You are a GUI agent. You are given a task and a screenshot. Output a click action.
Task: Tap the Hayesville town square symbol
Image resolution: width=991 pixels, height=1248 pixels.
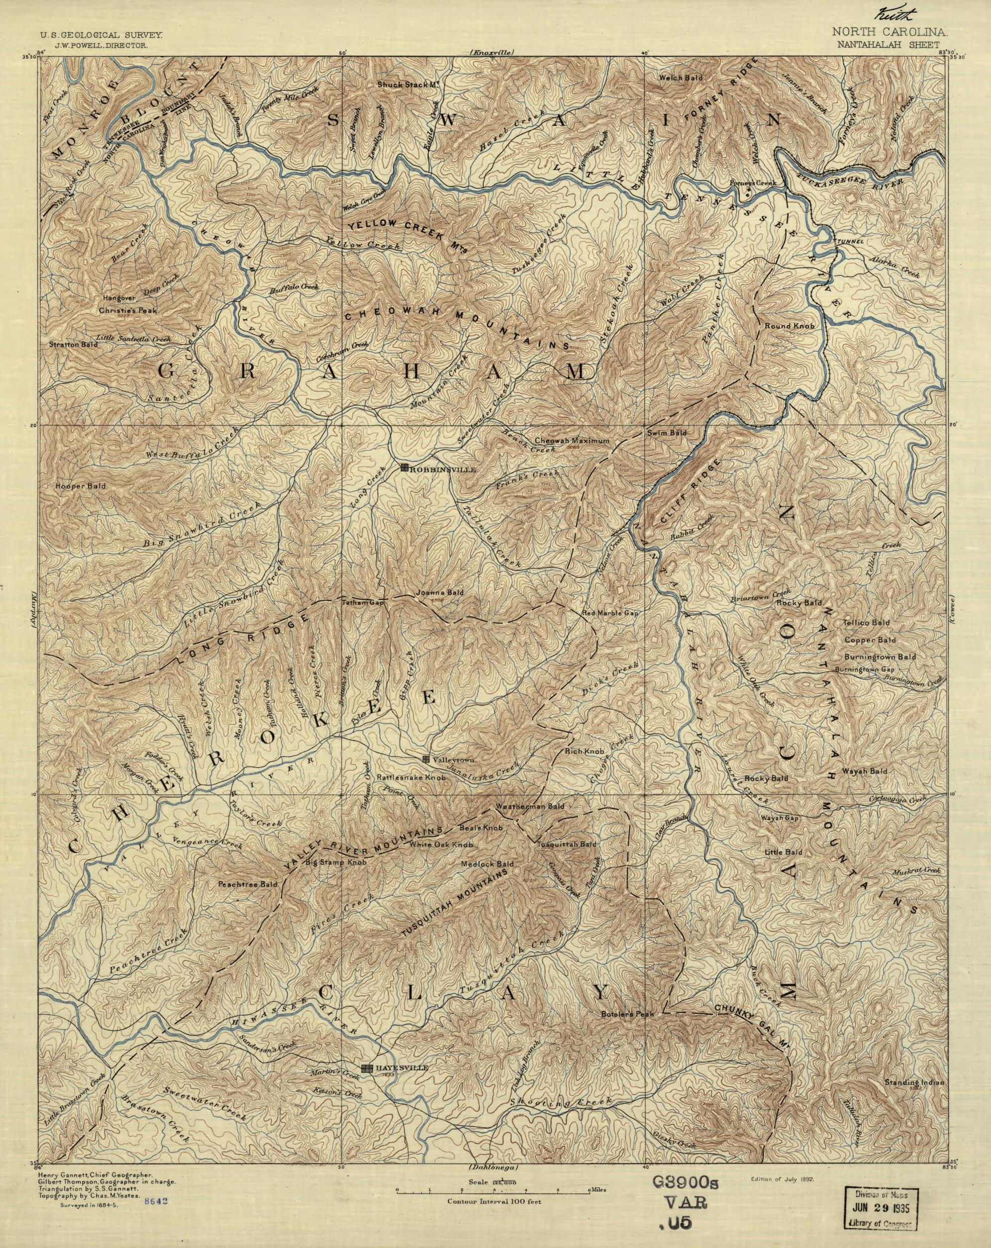click(x=367, y=1068)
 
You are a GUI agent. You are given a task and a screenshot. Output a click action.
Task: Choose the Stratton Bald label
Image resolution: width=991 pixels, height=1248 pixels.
click(x=74, y=344)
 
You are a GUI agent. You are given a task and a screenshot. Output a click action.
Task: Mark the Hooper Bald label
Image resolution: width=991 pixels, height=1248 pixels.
click(x=81, y=486)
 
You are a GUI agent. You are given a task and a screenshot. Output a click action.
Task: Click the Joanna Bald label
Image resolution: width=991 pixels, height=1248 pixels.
click(x=440, y=593)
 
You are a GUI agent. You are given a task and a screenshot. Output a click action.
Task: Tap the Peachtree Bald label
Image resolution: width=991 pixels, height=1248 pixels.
click(x=247, y=884)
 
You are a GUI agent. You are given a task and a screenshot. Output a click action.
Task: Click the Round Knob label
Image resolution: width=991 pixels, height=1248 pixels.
click(x=790, y=326)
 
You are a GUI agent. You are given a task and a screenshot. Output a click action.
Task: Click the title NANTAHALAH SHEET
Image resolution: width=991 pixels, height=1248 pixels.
click(x=886, y=43)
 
